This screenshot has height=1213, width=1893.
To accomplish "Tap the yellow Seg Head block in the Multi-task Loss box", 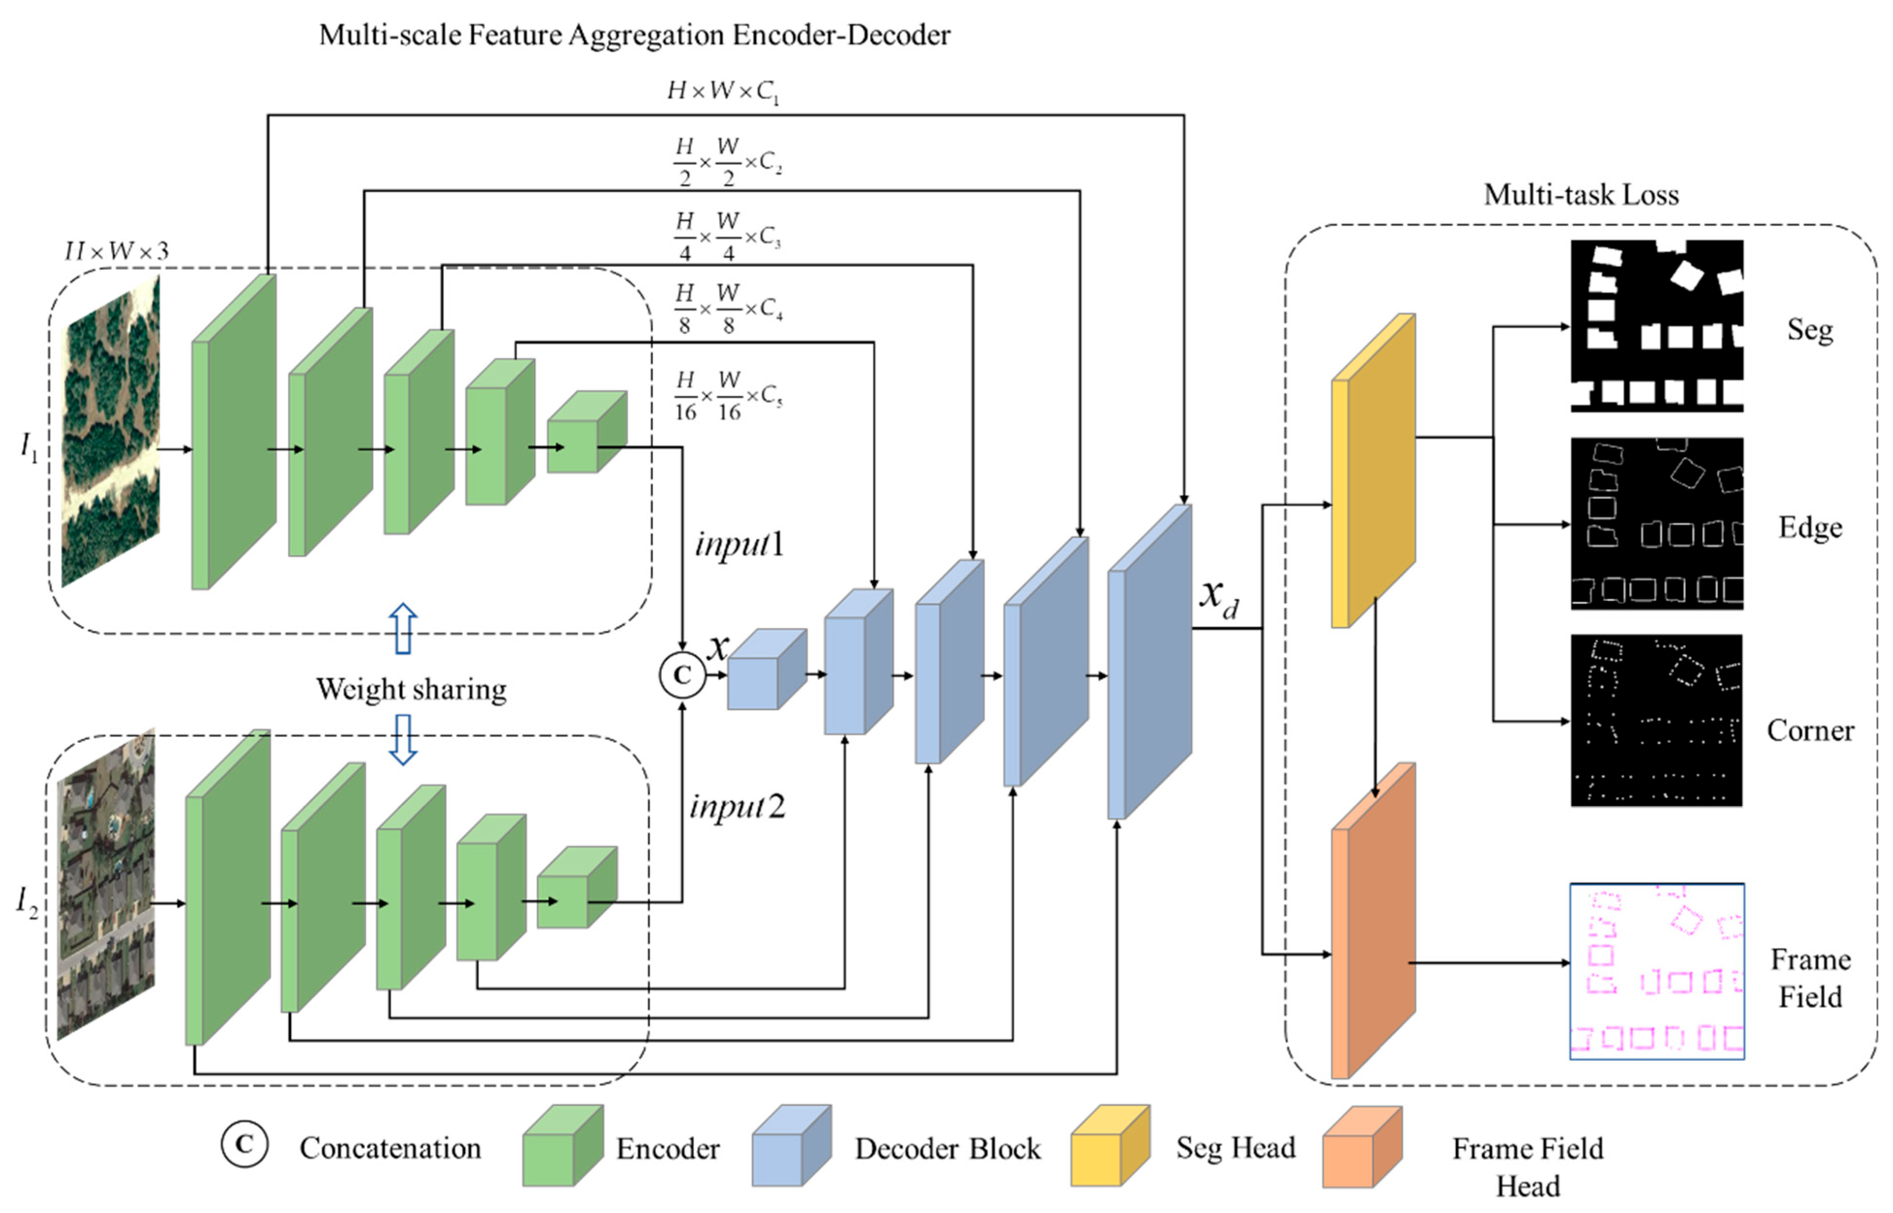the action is pyautogui.click(x=1373, y=470).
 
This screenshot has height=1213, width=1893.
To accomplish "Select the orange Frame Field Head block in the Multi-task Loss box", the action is pyautogui.click(x=1373, y=920).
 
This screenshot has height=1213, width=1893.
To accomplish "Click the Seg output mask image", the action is pyautogui.click(x=1657, y=326).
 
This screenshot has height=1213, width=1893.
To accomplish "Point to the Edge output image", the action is pyautogui.click(x=1657, y=524).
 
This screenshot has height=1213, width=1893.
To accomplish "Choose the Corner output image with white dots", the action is pyautogui.click(x=1657, y=721).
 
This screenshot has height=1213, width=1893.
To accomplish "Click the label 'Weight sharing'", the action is pyautogui.click(x=412, y=689).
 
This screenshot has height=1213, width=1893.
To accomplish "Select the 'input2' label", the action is pyautogui.click(x=738, y=807).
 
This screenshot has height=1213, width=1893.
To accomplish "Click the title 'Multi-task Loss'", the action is pyautogui.click(x=1581, y=194).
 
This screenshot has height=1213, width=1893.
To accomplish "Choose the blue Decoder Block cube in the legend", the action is pyautogui.click(x=791, y=1146).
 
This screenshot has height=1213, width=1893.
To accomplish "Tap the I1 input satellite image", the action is pyautogui.click(x=111, y=432).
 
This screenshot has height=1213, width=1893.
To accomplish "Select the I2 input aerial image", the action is pyautogui.click(x=107, y=884).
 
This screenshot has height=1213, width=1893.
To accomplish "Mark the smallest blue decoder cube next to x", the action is pyautogui.click(x=767, y=668).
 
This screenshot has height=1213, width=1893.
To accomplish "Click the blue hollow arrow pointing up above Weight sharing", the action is pyautogui.click(x=403, y=629).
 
